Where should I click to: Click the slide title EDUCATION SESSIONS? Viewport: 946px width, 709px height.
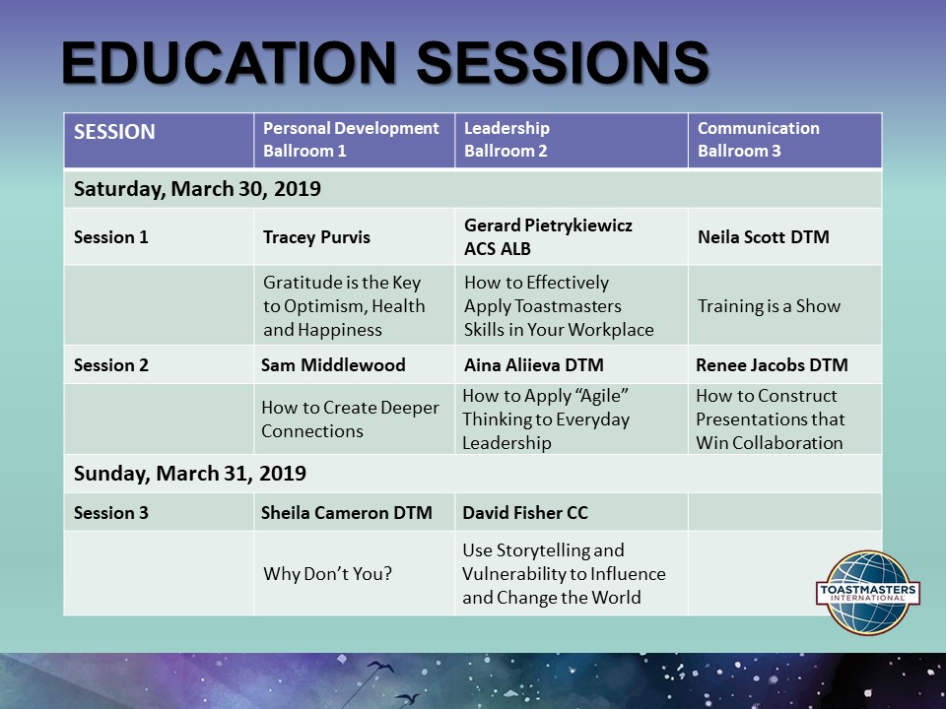pyautogui.click(x=385, y=65)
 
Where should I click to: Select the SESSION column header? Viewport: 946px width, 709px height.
pyautogui.click(x=114, y=132)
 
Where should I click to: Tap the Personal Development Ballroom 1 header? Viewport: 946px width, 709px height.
pyautogui.click(x=351, y=140)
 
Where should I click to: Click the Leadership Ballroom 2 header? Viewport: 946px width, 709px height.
pyautogui.click(x=507, y=140)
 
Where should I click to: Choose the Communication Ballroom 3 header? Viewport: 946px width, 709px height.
pyautogui.click(x=758, y=140)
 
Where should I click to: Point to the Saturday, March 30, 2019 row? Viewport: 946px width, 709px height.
pyautogui.click(x=197, y=188)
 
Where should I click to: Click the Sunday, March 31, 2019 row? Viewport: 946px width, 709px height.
pyautogui.click(x=190, y=474)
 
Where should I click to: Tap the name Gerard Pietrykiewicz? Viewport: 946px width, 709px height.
pyautogui.click(x=548, y=226)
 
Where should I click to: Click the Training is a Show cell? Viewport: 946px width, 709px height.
pyautogui.click(x=769, y=305)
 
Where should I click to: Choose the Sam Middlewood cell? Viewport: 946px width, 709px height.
pyautogui.click(x=333, y=365)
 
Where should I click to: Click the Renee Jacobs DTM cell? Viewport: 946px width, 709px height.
pyautogui.click(x=772, y=365)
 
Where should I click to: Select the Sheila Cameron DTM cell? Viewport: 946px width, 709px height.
pyautogui.click(x=341, y=512)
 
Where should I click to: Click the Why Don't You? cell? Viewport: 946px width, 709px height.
pyautogui.click(x=327, y=573)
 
